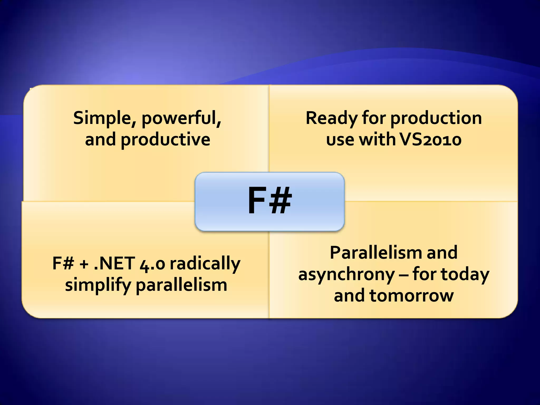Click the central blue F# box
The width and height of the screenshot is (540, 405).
[269, 201]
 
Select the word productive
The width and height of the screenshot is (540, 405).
[165, 140]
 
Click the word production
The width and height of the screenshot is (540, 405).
[436, 118]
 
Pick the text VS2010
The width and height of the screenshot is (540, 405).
[430, 139]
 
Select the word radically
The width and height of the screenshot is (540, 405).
[205, 264]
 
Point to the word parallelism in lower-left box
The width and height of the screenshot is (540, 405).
[181, 285]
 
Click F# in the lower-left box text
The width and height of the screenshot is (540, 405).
[63, 263]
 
